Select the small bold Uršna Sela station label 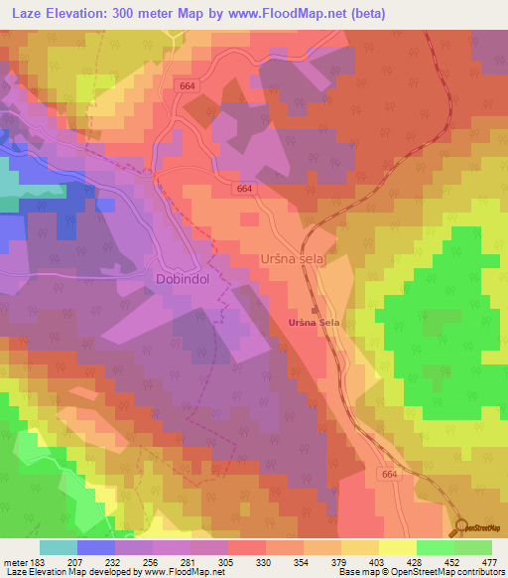point(315,324)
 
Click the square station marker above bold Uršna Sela point(316,310)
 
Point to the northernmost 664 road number point(190,86)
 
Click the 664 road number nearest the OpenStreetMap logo point(388,477)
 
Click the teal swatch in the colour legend point(59,547)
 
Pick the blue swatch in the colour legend point(96,547)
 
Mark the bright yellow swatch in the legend point(397,547)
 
